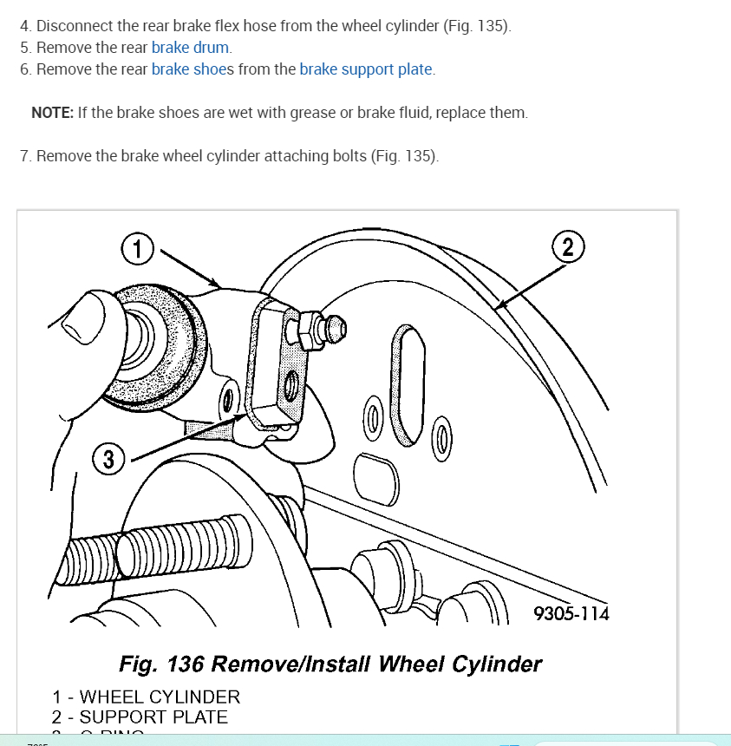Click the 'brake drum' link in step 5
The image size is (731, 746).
191,48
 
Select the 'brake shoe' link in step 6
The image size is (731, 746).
188,69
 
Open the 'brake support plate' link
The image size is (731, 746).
366,69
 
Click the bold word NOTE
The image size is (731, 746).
52,113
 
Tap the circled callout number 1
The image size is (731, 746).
137,249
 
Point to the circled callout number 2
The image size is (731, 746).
567,247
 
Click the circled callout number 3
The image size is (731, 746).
108,460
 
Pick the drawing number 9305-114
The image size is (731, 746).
571,614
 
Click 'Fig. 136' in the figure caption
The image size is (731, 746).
161,664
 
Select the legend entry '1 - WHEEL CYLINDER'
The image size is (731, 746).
146,697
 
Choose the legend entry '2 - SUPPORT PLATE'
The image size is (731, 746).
140,717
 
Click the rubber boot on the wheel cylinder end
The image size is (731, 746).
160,343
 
